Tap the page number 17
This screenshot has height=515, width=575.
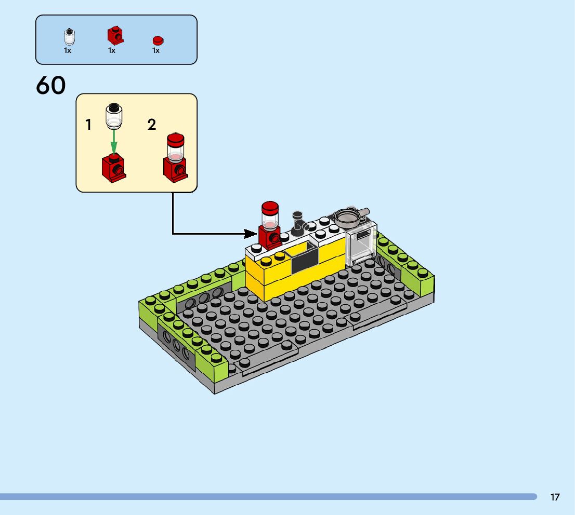(555, 497)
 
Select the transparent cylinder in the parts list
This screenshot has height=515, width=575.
(69, 37)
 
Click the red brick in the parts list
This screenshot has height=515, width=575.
(115, 35)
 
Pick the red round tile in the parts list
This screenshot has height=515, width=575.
(158, 40)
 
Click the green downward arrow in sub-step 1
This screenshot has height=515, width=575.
(114, 142)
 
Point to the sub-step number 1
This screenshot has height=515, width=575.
(88, 125)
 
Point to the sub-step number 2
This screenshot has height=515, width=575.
(152, 125)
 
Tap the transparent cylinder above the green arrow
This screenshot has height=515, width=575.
(114, 116)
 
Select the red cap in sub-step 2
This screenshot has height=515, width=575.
(175, 140)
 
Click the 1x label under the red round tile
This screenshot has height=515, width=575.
(156, 51)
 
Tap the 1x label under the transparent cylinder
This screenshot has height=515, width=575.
(68, 51)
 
